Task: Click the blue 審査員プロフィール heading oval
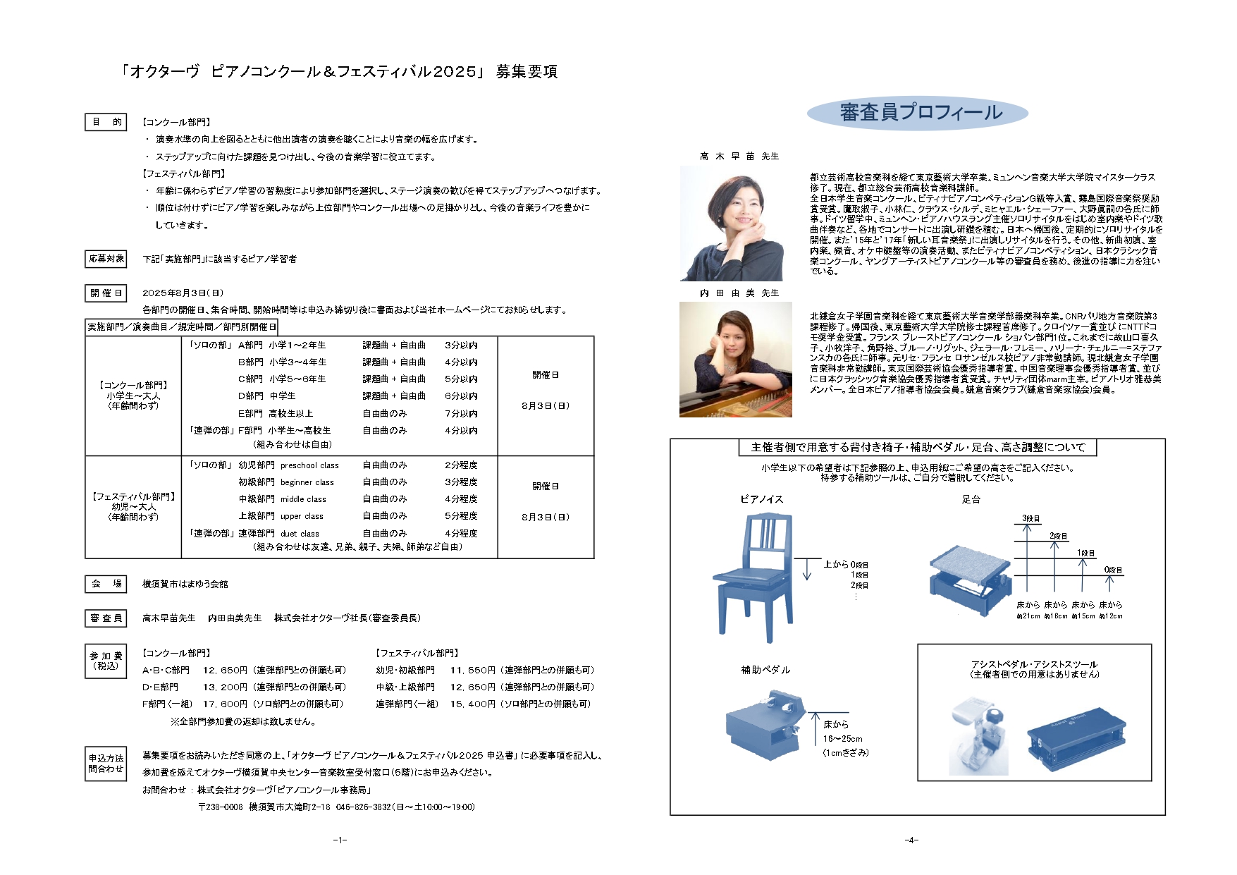[x=917, y=113]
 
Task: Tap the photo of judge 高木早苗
[x=732, y=224]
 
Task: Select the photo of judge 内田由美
[x=735, y=360]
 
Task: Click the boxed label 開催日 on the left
[x=106, y=293]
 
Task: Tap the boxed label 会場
[x=106, y=584]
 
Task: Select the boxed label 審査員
[x=106, y=618]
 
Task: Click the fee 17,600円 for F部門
[x=225, y=704]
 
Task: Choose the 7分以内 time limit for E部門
[x=461, y=414]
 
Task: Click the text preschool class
[x=309, y=465]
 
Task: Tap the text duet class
[x=300, y=534]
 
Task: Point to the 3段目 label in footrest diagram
[x=1030, y=518]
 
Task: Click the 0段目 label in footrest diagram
[x=1113, y=570]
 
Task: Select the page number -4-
[x=911, y=840]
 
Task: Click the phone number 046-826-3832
[x=363, y=807]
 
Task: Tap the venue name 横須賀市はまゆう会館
[x=185, y=585]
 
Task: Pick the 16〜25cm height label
[x=842, y=739]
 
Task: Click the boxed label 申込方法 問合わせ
[x=106, y=764]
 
